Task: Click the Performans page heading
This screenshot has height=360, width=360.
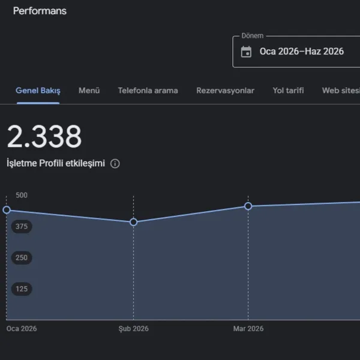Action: click(x=40, y=11)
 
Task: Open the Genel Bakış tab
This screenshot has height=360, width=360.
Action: click(x=38, y=91)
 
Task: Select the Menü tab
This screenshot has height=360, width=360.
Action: click(x=89, y=91)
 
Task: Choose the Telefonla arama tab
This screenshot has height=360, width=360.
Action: click(x=148, y=91)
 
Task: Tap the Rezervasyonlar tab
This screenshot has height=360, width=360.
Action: click(x=225, y=91)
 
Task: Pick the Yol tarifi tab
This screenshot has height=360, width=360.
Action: click(x=288, y=91)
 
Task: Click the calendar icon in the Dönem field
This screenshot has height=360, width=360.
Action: click(x=246, y=52)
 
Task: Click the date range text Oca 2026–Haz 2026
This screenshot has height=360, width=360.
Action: click(x=302, y=52)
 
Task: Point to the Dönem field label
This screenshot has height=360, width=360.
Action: click(x=253, y=36)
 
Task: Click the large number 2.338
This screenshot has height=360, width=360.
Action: click(x=44, y=136)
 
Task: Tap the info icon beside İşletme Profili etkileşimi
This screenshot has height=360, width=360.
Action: click(x=115, y=164)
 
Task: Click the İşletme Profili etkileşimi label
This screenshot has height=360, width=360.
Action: click(x=56, y=163)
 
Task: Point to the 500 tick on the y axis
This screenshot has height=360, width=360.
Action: click(x=22, y=195)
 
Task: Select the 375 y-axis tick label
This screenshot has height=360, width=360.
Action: click(x=22, y=226)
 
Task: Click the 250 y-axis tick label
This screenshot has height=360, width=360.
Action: click(x=22, y=257)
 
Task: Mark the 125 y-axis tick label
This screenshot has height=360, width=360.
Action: click(x=22, y=289)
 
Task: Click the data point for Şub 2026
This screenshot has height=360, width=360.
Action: click(x=133, y=222)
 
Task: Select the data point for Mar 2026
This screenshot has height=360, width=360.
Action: click(x=248, y=206)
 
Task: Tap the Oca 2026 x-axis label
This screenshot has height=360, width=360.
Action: click(x=22, y=329)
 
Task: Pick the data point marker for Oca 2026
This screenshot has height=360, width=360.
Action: click(x=7, y=209)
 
